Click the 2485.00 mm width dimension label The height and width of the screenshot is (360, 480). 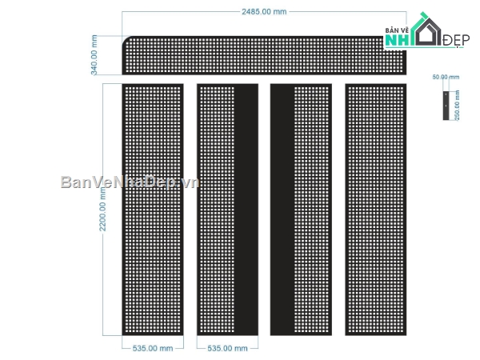coord(263,11)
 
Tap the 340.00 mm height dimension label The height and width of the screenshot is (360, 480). coord(94,55)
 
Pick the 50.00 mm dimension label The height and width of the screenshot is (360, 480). coord(446,78)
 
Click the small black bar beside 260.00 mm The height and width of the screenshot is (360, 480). coord(445,105)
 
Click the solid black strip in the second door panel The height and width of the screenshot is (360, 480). coord(246,210)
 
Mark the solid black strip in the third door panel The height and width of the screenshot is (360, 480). coord(282,210)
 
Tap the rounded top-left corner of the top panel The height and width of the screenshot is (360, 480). coord(128,42)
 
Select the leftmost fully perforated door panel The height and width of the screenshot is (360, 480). coord(152,210)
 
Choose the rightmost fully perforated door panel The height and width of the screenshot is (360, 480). coord(376,210)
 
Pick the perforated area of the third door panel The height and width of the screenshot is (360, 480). coord(313,210)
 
